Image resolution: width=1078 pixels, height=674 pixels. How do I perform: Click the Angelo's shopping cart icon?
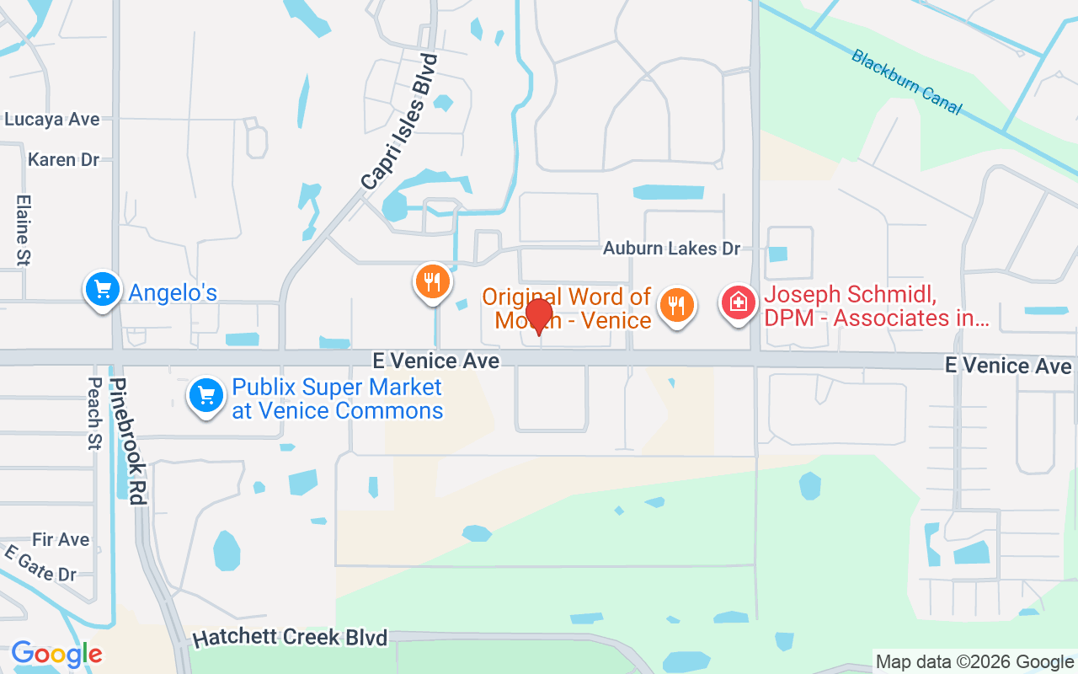tap(103, 290)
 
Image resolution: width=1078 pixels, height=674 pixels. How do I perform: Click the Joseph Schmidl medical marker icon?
tap(739, 302)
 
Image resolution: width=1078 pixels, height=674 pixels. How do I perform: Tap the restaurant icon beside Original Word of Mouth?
tap(676, 303)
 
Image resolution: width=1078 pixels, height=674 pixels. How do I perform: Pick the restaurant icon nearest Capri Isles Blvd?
tap(433, 281)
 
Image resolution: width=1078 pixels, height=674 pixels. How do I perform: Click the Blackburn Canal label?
tap(905, 82)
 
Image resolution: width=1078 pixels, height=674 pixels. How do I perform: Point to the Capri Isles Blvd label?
tap(400, 121)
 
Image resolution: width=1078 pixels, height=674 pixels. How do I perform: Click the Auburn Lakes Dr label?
tap(671, 249)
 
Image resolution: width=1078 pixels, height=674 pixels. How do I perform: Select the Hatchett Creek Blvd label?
tap(290, 637)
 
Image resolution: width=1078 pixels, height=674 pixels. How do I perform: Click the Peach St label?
tap(94, 413)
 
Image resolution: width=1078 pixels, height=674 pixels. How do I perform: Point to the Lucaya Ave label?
tap(52, 120)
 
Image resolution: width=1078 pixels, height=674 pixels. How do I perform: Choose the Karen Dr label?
tap(63, 159)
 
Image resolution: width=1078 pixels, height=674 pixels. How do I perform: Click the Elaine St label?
tap(23, 231)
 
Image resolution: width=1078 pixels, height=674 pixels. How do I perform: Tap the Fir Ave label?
tap(61, 539)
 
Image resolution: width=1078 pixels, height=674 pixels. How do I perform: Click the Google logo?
tap(56, 654)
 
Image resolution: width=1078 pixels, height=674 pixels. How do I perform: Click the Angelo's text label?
tap(173, 292)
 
